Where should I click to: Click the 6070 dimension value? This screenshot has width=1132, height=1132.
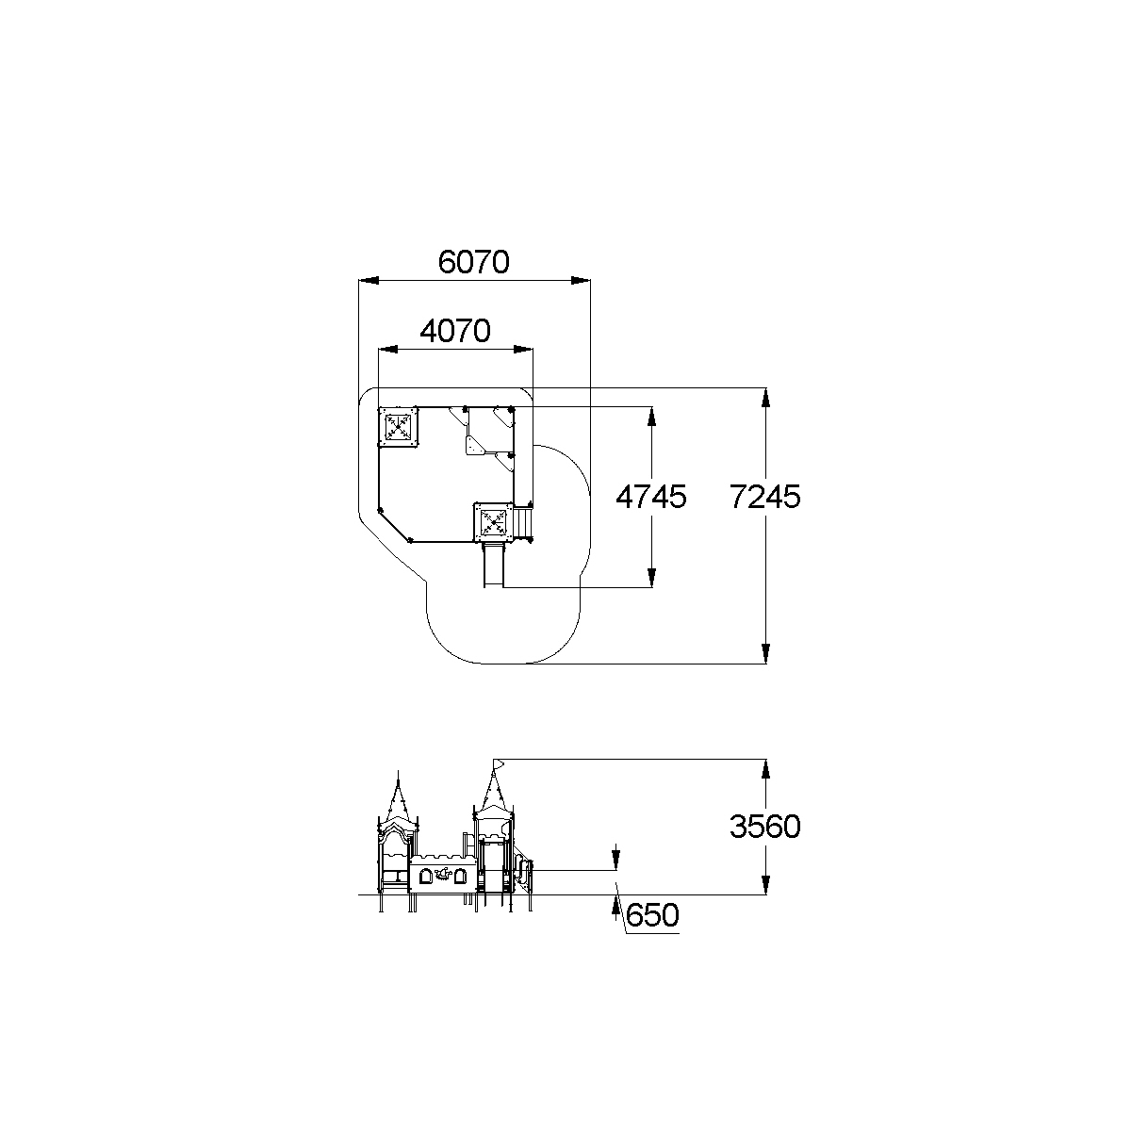tap(473, 262)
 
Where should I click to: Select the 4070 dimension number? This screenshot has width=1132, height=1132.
tap(454, 332)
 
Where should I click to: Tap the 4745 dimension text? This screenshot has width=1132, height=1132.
tap(651, 497)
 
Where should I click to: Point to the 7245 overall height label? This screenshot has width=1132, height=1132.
tap(764, 497)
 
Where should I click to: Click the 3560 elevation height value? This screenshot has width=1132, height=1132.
tap(764, 827)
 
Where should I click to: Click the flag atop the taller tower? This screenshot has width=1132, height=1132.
tap(499, 763)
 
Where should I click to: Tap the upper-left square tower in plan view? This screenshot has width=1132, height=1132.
tap(398, 426)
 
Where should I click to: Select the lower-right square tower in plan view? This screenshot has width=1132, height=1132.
tap(494, 522)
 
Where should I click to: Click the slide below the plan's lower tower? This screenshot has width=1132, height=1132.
tap(494, 565)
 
